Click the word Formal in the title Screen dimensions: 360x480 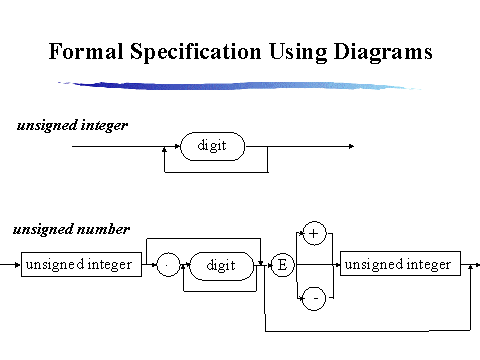(87, 51)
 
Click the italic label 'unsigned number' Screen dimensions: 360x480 (71, 229)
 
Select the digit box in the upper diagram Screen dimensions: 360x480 (212, 146)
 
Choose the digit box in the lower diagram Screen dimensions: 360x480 (220, 266)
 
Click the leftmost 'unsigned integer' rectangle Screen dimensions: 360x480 (82, 266)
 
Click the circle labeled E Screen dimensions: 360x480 (282, 266)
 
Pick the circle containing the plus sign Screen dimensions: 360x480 (314, 233)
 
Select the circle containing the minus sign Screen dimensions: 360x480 (314, 299)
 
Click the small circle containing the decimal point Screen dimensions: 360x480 (166, 266)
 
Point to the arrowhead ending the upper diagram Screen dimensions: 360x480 (351, 146)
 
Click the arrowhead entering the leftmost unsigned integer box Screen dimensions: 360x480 (17, 266)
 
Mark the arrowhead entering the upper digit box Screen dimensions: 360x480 (177, 146)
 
